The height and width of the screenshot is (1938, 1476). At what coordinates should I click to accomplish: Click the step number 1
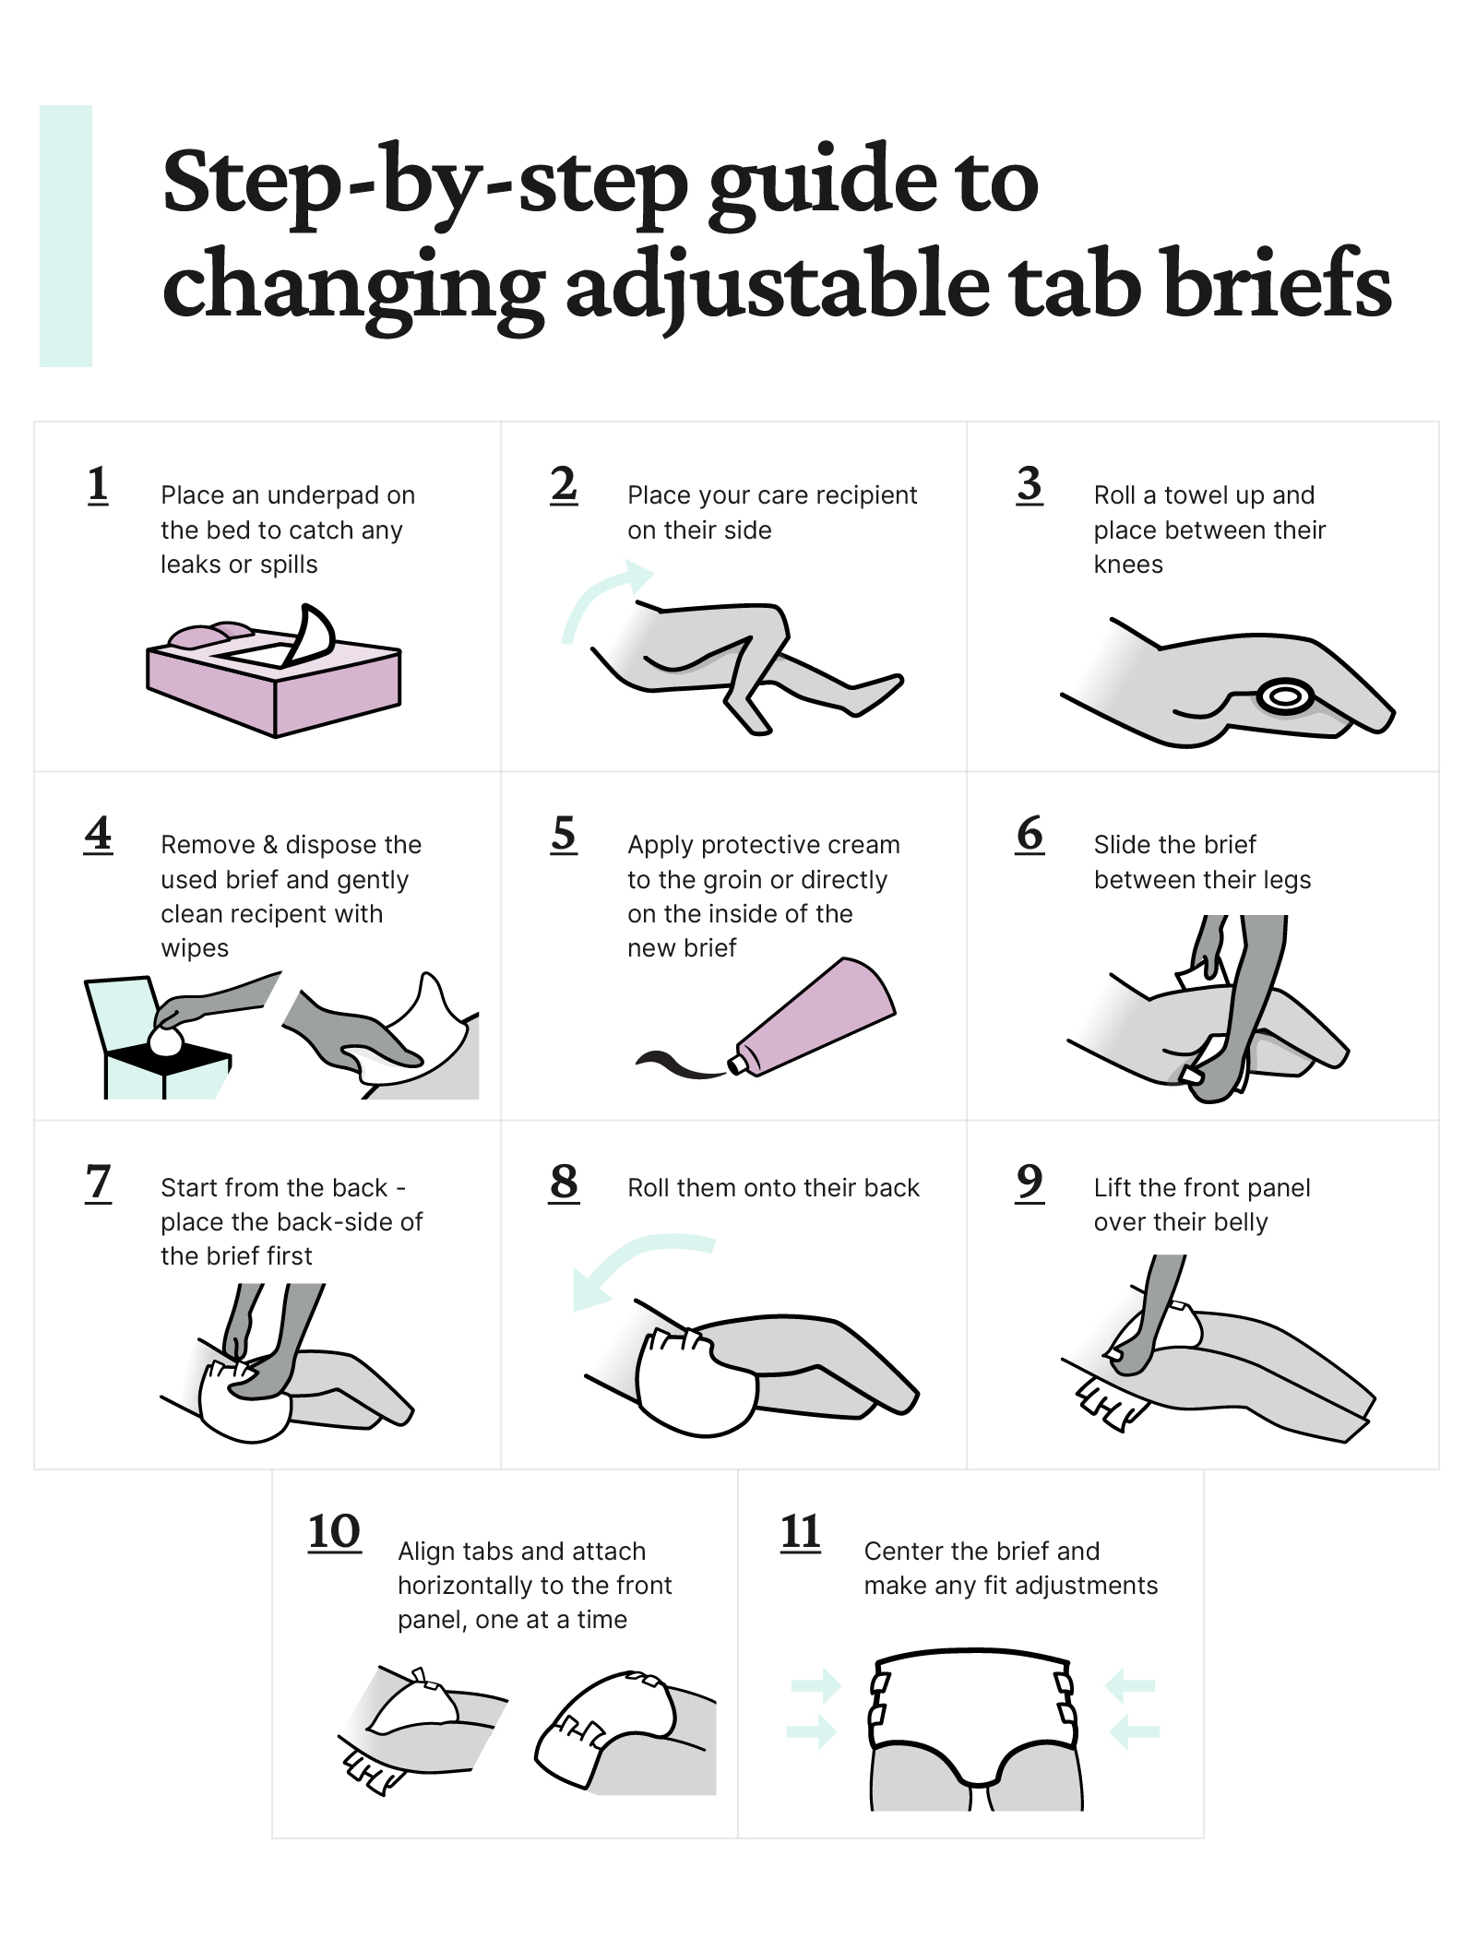tap(98, 485)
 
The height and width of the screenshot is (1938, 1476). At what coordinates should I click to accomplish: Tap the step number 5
tap(564, 835)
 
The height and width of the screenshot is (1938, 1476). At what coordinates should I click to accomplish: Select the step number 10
tap(334, 1532)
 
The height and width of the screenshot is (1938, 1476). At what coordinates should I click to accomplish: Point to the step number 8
tap(564, 1182)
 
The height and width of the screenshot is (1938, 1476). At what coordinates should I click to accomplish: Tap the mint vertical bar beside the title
tap(65, 236)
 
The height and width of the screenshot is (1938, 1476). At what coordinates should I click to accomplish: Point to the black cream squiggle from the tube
tap(678, 1064)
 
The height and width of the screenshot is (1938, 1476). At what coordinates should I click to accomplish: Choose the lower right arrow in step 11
tap(1134, 1731)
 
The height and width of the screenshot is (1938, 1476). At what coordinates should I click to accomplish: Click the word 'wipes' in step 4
tap(195, 948)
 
